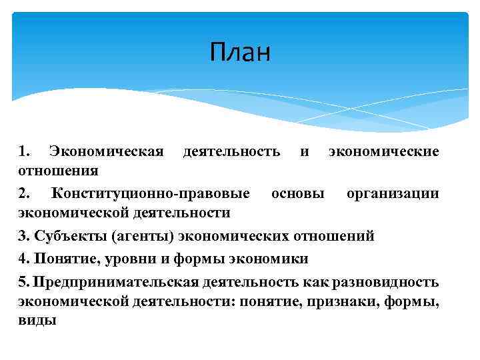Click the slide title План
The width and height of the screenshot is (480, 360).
240,52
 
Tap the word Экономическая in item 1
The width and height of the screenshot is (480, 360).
107,151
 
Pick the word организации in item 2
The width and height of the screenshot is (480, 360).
393,193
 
